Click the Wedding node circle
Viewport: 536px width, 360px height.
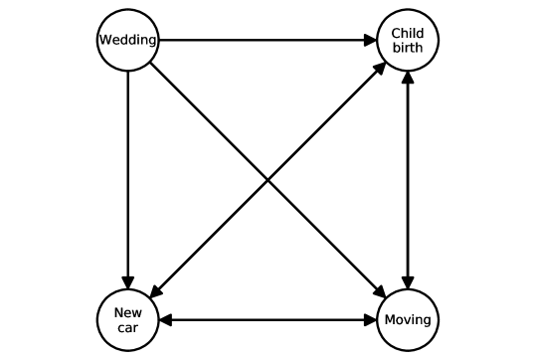pyautogui.click(x=128, y=41)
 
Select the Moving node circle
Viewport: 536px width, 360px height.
pyautogui.click(x=408, y=320)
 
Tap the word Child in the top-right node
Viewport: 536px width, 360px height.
pyautogui.click(x=408, y=33)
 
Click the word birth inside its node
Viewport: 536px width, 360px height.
pyautogui.click(x=408, y=48)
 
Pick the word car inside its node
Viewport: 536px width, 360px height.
pyautogui.click(x=128, y=328)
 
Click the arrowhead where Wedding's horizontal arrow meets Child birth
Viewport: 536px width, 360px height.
pyautogui.click(x=369, y=41)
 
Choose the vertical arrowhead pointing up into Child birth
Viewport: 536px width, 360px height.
pyautogui.click(x=408, y=80)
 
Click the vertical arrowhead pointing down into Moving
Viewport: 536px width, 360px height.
pyautogui.click(x=408, y=281)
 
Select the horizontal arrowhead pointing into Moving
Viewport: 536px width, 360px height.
pyautogui.click(x=369, y=320)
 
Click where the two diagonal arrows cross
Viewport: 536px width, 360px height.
pyautogui.click(x=268, y=180)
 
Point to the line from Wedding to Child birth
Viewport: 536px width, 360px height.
pyautogui.click(x=259, y=41)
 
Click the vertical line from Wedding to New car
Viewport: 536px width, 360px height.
pyautogui.click(x=128, y=169)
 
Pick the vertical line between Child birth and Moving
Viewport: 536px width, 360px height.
pyautogui.click(x=408, y=180)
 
